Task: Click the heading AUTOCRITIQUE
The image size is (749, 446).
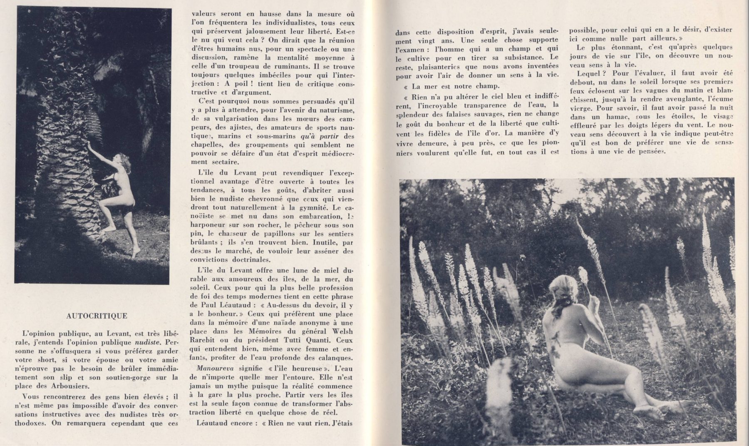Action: (97, 316)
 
